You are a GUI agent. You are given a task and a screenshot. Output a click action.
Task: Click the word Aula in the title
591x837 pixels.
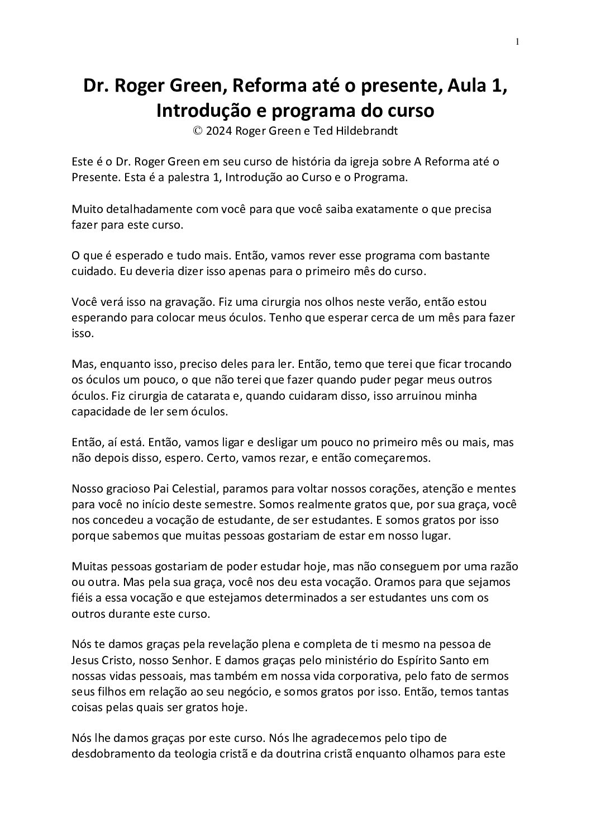[459, 87]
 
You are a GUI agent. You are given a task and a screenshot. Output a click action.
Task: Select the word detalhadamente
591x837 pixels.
[146, 209]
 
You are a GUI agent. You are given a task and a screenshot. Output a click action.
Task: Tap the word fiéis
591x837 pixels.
[83, 598]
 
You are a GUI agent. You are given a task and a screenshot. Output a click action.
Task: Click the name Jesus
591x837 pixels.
[87, 660]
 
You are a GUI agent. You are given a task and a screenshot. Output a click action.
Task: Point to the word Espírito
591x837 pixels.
[416, 660]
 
